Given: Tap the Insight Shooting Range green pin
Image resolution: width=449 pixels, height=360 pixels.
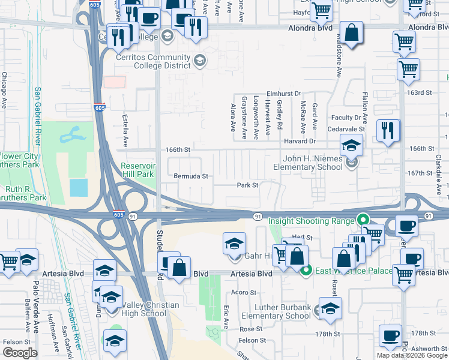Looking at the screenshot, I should [x=362, y=220].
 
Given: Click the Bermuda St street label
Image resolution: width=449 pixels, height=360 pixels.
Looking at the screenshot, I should [x=190, y=176].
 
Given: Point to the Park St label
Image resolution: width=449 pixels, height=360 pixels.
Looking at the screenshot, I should [x=247, y=185].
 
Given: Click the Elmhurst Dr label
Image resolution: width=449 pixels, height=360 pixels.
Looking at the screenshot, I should [x=283, y=94].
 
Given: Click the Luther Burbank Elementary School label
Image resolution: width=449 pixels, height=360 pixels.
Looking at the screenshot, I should [x=273, y=311].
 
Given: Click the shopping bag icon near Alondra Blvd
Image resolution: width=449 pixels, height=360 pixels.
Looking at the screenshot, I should [x=351, y=33].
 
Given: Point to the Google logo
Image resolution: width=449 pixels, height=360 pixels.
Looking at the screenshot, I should [x=20, y=353].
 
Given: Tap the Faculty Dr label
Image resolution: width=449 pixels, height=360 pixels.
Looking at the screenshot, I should [x=349, y=118].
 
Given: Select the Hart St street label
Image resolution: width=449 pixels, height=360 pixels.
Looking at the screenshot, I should [x=298, y=238].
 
